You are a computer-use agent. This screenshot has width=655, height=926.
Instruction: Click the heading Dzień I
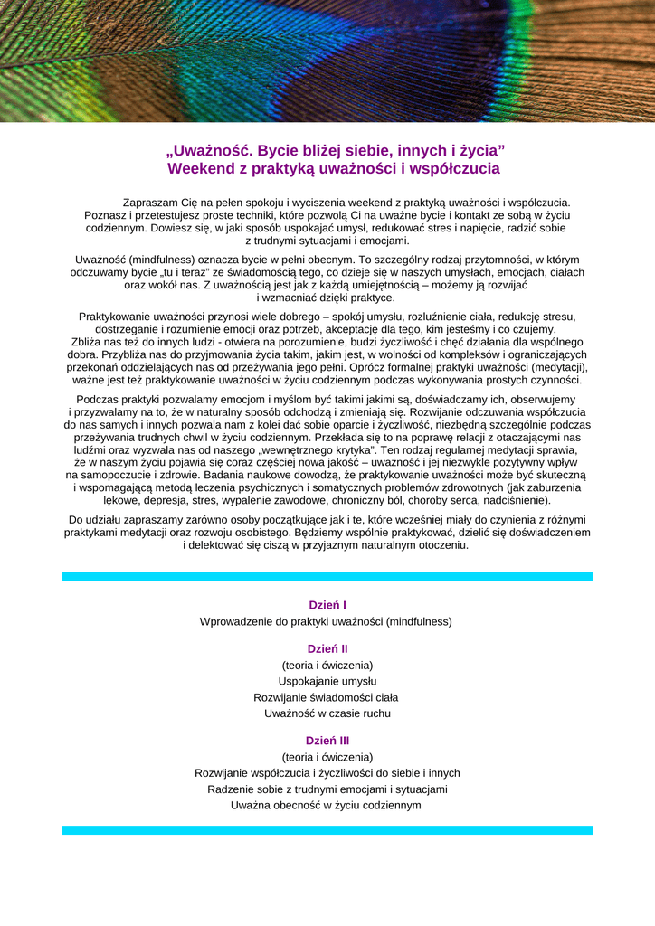pyautogui.click(x=327, y=605)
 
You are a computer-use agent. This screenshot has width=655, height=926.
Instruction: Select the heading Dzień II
pyautogui.click(x=327, y=648)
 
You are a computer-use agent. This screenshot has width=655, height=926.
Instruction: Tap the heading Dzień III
pyautogui.click(x=327, y=741)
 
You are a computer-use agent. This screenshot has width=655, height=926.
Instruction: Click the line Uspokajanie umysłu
pyautogui.click(x=327, y=681)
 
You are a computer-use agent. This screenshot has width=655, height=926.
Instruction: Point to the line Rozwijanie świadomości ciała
pyautogui.click(x=326, y=697)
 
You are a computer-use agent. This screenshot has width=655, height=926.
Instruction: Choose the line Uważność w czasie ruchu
pyautogui.click(x=327, y=713)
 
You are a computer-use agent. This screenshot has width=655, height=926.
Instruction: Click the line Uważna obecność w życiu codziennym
pyautogui.click(x=326, y=805)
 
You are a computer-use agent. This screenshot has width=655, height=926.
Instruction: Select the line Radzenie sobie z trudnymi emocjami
pyautogui.click(x=327, y=789)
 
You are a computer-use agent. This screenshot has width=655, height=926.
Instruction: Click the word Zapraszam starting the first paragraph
pyautogui.click(x=150, y=203)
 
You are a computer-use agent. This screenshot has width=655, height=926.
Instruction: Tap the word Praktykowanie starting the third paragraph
pyautogui.click(x=114, y=317)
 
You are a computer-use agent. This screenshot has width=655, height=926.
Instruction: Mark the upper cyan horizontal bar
pyautogui.click(x=327, y=575)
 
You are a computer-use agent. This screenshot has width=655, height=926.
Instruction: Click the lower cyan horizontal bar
pyautogui.click(x=327, y=829)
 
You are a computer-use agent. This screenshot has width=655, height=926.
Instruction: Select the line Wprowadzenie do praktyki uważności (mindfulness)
pyautogui.click(x=326, y=621)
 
